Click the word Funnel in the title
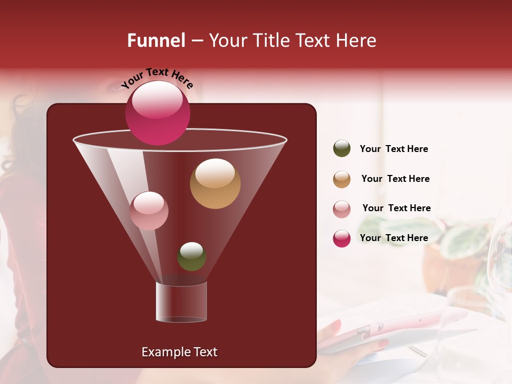pos(156,41)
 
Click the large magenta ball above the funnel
pos(157,113)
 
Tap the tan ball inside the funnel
pos(215,183)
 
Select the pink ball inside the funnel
pos(149,211)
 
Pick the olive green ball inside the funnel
pos(191,256)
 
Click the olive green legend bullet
pos(342,149)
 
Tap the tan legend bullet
pos(342,179)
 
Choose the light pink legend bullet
pos(342,209)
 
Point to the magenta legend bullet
pos(342,238)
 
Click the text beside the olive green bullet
pos(394,149)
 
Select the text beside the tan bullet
pos(395,179)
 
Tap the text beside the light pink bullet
pos(396,209)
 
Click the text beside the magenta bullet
pos(394,238)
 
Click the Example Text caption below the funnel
pos(179,352)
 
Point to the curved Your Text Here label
pos(157,77)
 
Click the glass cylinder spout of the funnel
pos(181,302)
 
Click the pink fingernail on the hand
pos(336,325)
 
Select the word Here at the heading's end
pos(356,41)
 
